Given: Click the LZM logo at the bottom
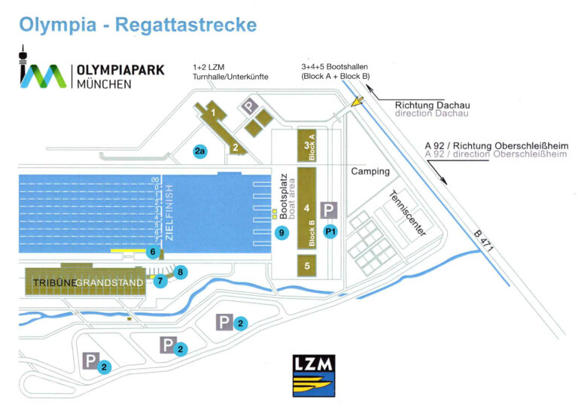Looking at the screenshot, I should click(x=313, y=375).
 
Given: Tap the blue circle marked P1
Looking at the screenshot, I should click(x=330, y=232).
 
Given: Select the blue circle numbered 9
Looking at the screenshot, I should click(x=282, y=233).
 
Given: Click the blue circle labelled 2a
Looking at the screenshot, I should click(x=199, y=151).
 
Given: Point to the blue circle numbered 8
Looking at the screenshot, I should click(x=180, y=271).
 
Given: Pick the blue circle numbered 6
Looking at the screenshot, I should click(x=153, y=252).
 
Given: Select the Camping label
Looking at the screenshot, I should click(x=370, y=172).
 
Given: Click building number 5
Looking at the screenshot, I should click(x=307, y=265).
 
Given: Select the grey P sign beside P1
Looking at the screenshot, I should click(x=329, y=210).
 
